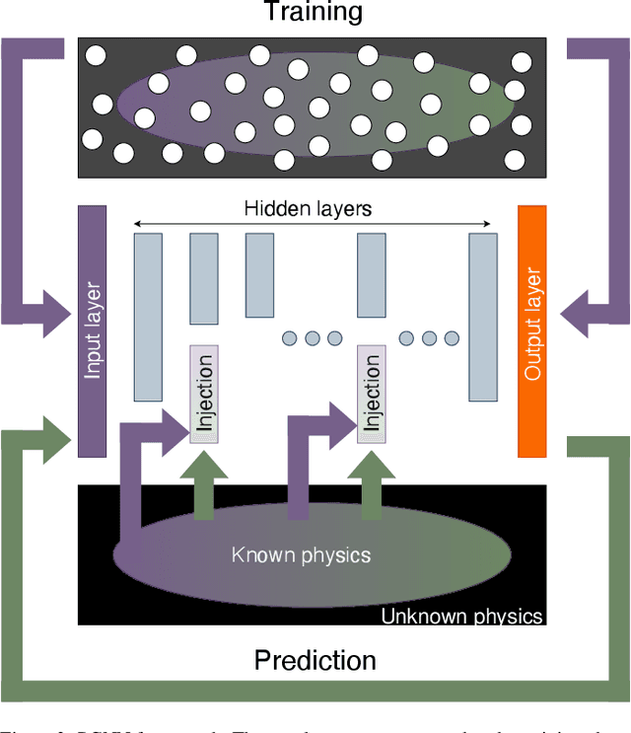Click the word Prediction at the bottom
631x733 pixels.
click(315, 660)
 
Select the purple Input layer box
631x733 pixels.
click(92, 331)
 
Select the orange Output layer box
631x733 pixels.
click(532, 331)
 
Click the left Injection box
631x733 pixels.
click(204, 395)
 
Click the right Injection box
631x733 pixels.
click(371, 395)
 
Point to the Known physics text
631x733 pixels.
click(301, 554)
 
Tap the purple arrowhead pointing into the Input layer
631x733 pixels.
click(54, 301)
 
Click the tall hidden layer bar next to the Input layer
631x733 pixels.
click(148, 317)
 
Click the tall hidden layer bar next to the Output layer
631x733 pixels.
click(482, 317)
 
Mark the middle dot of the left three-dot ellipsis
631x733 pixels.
click(312, 338)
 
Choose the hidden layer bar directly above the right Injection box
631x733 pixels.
click(371, 276)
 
